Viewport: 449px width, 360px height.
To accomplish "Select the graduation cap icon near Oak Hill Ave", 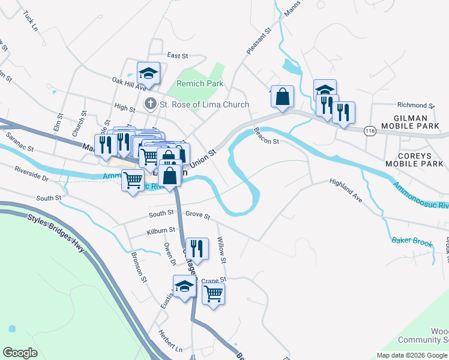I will click(x=148, y=74).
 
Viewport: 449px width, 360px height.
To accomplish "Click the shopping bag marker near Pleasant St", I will click(x=282, y=96).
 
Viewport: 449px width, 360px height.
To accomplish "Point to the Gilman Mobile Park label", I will click(x=417, y=123).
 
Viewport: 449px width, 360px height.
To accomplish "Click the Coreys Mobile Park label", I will click(x=414, y=159).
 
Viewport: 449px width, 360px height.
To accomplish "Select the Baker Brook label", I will click(x=412, y=241).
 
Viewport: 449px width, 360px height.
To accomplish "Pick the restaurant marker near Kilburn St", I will click(x=196, y=248).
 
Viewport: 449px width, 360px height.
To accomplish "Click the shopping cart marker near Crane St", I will click(x=213, y=294).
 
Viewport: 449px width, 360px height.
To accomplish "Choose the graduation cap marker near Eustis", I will click(x=184, y=286).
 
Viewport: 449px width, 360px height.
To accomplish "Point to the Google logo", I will click(x=20, y=353).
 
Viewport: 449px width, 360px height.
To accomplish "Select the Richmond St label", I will click(x=415, y=105).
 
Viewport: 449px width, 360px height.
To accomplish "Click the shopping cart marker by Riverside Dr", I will click(x=132, y=179).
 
